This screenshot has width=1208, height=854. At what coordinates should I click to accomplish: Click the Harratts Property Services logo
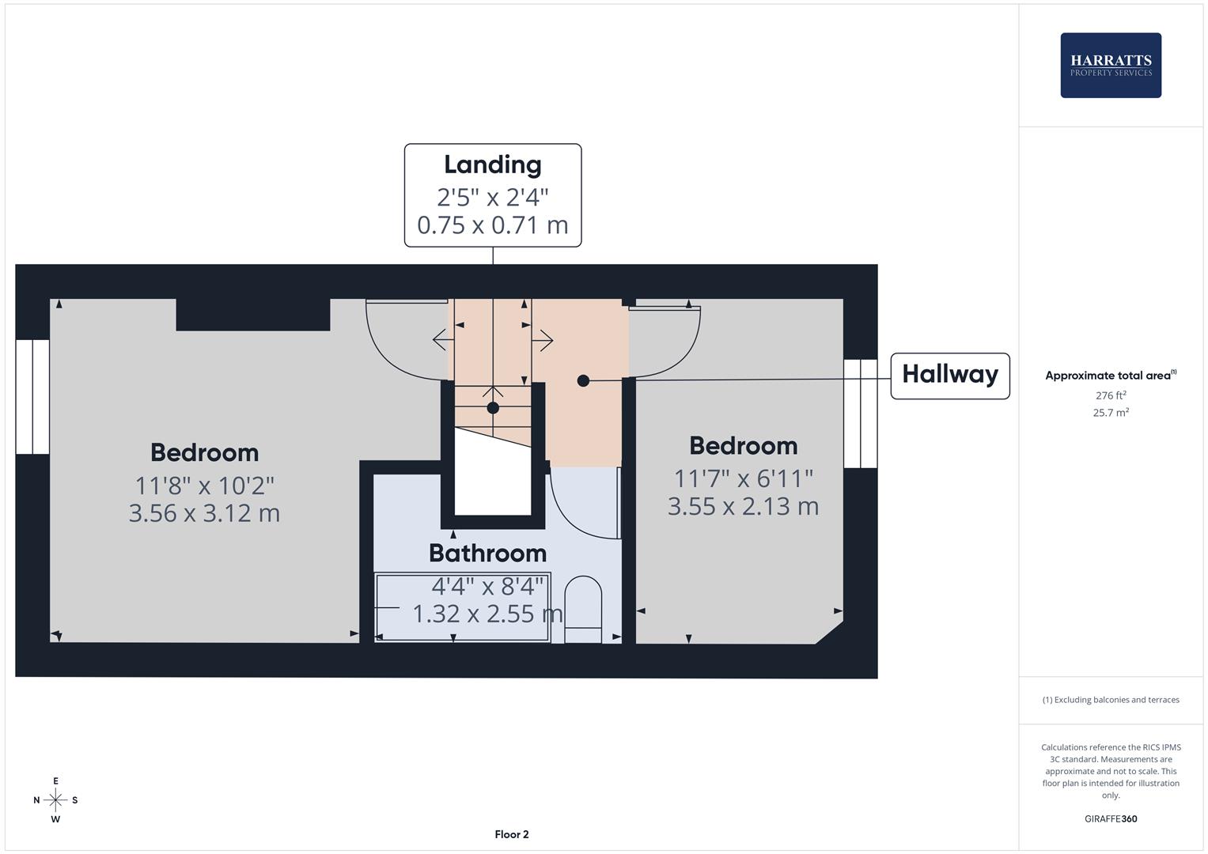click(1110, 66)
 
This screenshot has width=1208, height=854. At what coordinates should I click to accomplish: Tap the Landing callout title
click(492, 164)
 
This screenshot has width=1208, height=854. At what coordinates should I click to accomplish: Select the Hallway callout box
click(949, 376)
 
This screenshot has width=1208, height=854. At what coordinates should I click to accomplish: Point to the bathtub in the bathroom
click(463, 607)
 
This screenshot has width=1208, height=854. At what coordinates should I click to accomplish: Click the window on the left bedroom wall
click(32, 397)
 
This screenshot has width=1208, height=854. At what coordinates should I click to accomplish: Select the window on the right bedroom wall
click(860, 414)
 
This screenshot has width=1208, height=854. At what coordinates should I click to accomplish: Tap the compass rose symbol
click(55, 800)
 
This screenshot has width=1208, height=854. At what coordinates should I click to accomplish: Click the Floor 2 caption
click(511, 834)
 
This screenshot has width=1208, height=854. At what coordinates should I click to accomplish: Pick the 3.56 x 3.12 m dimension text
click(204, 513)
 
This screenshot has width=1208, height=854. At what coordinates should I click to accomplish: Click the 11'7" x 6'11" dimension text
click(743, 478)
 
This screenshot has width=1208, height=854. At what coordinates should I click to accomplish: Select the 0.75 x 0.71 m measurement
click(492, 225)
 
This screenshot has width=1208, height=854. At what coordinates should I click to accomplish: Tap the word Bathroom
click(487, 553)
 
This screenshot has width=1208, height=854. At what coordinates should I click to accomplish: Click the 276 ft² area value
click(1110, 395)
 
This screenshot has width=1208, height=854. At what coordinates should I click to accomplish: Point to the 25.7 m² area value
click(1110, 412)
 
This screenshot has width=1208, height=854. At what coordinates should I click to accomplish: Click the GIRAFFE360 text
click(1110, 818)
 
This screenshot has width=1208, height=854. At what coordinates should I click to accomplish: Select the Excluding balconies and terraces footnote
click(1110, 700)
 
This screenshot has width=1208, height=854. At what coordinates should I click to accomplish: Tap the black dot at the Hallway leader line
click(583, 380)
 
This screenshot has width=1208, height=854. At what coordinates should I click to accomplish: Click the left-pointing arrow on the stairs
click(441, 340)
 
